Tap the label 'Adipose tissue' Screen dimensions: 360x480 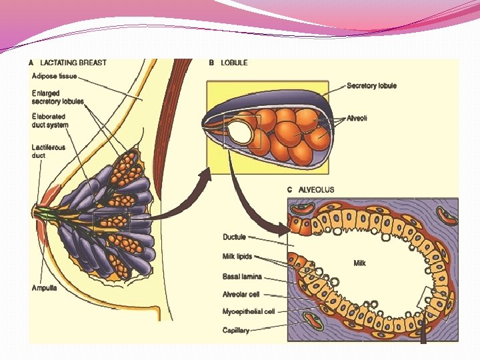pyautogui.click(x=55, y=77)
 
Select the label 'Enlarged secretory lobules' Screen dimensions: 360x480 pyautogui.click(x=57, y=97)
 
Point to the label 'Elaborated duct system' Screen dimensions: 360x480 pyautogui.click(x=49, y=121)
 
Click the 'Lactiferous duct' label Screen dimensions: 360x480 pyautogui.click(x=48, y=151)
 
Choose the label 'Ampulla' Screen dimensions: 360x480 pyautogui.click(x=45, y=288)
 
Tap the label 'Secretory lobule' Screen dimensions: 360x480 pyautogui.click(x=371, y=85)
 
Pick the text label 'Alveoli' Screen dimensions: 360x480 pyautogui.click(x=357, y=118)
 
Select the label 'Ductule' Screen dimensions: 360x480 pyautogui.click(x=234, y=237)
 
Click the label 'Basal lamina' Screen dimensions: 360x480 pyautogui.click(x=242, y=276)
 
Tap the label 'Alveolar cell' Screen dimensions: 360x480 pyautogui.click(x=241, y=294)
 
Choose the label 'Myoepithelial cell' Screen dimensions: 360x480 pyautogui.click(x=249, y=311)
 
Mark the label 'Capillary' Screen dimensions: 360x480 pyautogui.click(x=236, y=329)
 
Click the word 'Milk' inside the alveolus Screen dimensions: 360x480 pyautogui.click(x=359, y=263)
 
